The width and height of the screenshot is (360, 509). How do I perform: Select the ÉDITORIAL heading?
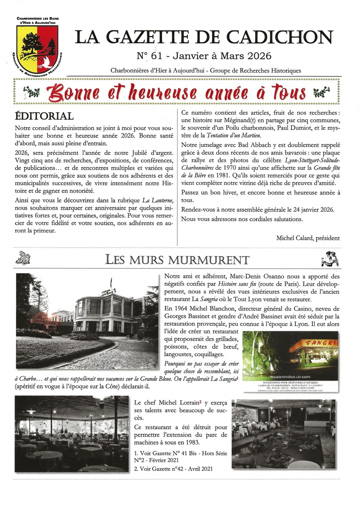(x=44, y=116)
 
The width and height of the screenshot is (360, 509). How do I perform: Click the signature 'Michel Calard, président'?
(x=308, y=238)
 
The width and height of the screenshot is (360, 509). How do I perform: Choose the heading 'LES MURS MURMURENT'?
(x=177, y=260)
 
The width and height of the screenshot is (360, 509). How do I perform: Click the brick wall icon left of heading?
(x=23, y=259)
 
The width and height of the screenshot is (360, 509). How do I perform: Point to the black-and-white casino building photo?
(x=87, y=321)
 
